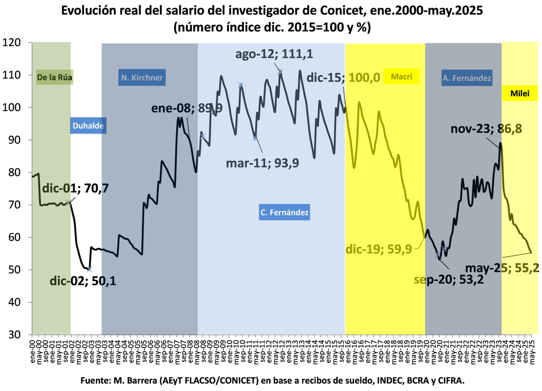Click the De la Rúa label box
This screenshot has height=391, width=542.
pos(54,77)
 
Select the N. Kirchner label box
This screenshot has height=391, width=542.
pos(141,77)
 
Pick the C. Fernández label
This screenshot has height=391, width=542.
pos(285,212)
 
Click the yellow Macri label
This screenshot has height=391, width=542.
pos(402,77)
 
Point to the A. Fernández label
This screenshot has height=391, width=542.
pos(467,78)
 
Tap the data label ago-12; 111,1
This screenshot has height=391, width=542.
pos(274,55)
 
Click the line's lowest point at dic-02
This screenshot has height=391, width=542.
pos(90,269)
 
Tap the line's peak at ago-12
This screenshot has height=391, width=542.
pos(280,71)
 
